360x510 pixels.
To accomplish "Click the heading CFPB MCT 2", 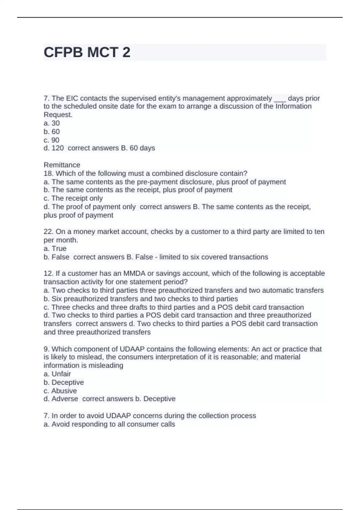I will pyautogui.click(x=87, y=52).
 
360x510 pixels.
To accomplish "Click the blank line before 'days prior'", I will pyautogui.click(x=280, y=99).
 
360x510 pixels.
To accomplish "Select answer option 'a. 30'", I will pyautogui.click(x=52, y=123).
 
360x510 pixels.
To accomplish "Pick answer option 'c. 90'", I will pyautogui.click(x=52, y=140).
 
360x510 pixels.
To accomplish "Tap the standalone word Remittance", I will pyautogui.click(x=62, y=165).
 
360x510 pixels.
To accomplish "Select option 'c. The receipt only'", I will pyautogui.click(x=73, y=198).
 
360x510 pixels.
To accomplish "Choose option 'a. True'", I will pyautogui.click(x=55, y=248).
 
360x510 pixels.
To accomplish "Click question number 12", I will pyautogui.click(x=48, y=273).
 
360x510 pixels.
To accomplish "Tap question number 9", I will pyautogui.click(x=46, y=349).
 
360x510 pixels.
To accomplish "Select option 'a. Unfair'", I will pyautogui.click(x=57, y=374).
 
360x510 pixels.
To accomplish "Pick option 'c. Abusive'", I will pyautogui.click(x=60, y=391).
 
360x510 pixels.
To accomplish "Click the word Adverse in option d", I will pyautogui.click(x=64, y=399).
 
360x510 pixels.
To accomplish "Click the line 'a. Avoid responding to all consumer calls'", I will pyautogui.click(x=109, y=424).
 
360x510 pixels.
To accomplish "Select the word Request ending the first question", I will pyautogui.click(x=58, y=115).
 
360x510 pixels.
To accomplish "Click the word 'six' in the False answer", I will pyautogui.click(x=196, y=257).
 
